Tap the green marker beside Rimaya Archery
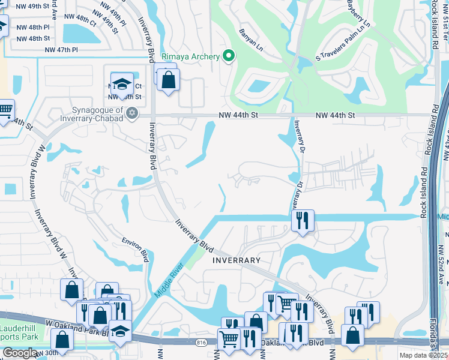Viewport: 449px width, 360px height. click(x=228, y=56)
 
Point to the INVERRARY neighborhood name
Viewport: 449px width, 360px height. click(x=237, y=260)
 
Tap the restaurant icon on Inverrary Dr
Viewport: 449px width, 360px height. click(x=303, y=220)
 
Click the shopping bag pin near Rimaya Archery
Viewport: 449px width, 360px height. click(x=169, y=80)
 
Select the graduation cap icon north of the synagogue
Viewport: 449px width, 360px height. click(x=122, y=84)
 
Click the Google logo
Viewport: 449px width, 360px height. click(x=20, y=353)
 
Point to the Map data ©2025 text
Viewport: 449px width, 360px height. click(x=423, y=355)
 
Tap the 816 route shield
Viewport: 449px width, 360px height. click(x=200, y=343)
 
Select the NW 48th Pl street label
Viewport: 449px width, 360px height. click(x=33, y=28)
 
